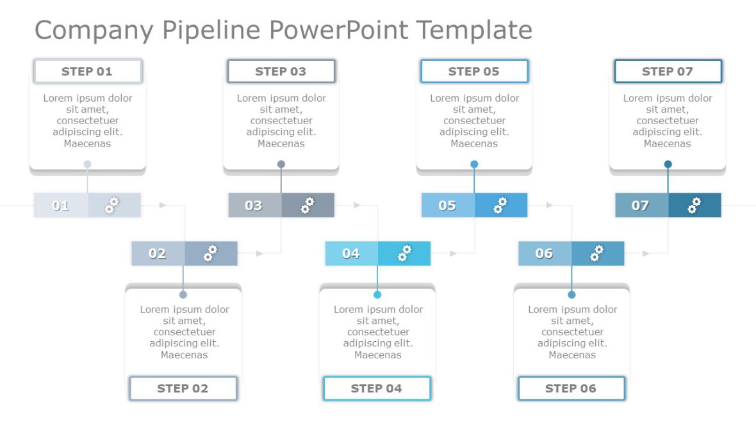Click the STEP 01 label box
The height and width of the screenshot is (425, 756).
click(88, 72)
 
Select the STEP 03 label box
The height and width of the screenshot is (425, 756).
click(281, 72)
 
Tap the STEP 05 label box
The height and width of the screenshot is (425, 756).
click(474, 72)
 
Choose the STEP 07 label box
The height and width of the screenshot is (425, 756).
click(668, 72)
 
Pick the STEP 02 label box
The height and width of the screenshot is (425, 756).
click(183, 389)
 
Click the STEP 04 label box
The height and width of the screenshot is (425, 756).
click(377, 389)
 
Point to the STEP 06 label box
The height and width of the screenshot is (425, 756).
click(571, 389)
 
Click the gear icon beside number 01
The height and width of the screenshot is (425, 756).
click(112, 205)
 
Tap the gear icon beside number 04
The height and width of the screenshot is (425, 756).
click(404, 253)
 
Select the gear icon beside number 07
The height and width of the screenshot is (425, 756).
click(694, 205)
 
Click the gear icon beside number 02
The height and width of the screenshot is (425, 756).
click(210, 253)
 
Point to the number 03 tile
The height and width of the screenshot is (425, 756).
click(254, 205)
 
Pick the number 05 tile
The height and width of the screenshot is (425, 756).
click(447, 205)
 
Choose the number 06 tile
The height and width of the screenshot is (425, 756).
click(544, 253)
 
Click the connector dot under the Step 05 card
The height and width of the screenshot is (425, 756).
click(474, 164)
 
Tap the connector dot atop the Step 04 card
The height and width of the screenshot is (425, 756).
click(377, 295)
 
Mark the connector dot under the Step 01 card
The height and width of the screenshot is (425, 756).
click(88, 164)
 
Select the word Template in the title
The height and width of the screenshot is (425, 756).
click(474, 30)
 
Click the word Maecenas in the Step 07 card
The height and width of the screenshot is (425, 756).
click(668, 144)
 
